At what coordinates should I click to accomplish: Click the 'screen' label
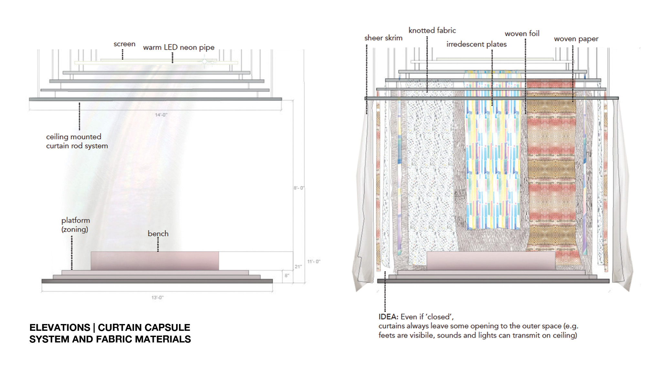pos(124,44)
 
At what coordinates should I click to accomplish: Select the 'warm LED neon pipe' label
pos(179,48)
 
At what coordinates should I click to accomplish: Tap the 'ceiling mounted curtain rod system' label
pos(77,141)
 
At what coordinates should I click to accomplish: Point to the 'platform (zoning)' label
pos(76,225)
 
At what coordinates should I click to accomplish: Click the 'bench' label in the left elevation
pos(158,233)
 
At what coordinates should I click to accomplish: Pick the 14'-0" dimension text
pos(161,115)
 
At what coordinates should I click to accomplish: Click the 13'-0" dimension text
pos(158,298)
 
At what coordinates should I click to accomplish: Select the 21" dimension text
pos(298,266)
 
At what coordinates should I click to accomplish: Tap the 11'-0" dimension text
pos(313,261)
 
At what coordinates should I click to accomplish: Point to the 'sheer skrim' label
pos(383,38)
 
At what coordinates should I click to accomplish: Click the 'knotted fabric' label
pos(432,30)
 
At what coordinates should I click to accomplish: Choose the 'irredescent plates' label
pos(476,44)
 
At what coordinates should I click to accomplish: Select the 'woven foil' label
pos(522,34)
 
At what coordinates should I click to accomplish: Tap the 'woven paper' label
pos(576,39)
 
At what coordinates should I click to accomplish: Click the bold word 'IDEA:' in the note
pos(388,317)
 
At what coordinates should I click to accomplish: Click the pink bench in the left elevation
pos(155,261)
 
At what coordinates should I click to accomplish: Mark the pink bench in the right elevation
pos(491,261)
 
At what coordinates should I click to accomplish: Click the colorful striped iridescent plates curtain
pos(492,162)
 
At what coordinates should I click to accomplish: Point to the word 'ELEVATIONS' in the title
pos(60,328)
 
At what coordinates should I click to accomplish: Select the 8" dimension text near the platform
pos(287,276)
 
